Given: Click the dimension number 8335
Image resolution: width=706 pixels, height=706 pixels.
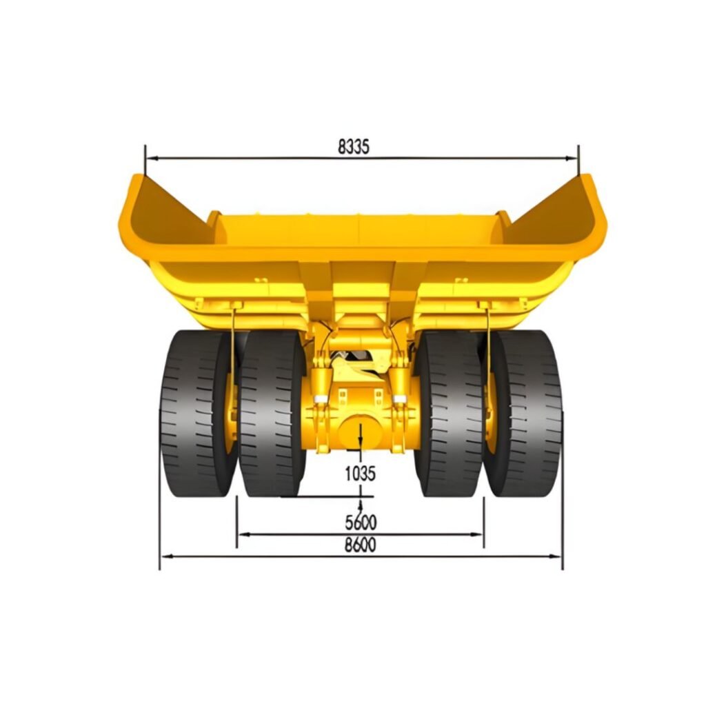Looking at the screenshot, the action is click(354, 147).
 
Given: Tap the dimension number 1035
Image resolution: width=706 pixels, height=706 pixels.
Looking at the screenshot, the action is click(360, 473).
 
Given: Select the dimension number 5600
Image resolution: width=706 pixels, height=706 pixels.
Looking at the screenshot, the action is click(361, 523).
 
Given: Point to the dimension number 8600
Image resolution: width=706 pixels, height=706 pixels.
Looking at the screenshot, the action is click(360, 545).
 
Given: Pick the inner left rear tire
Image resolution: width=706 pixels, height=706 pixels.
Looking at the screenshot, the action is click(272, 414).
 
